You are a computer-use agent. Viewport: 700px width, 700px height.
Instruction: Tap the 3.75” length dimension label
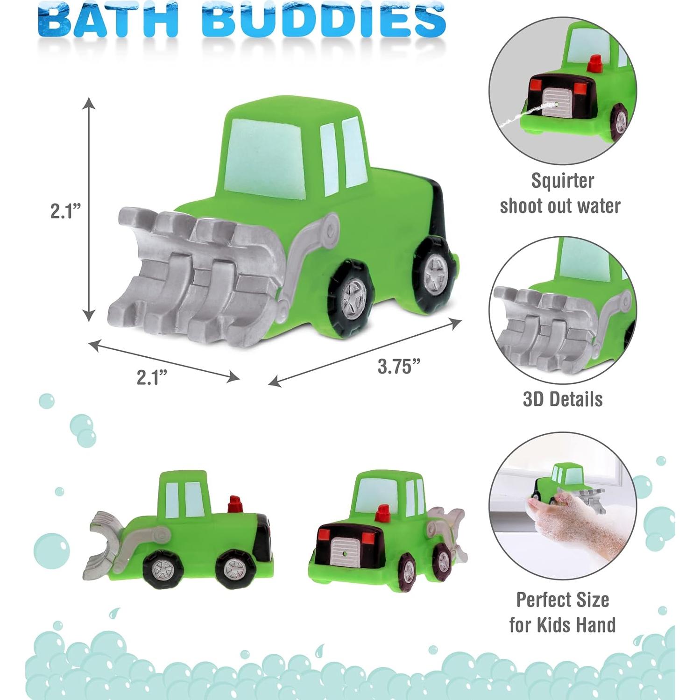click(396, 366)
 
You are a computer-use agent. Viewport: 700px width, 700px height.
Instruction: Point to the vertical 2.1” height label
click(66, 211)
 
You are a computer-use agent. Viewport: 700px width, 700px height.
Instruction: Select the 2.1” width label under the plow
click(152, 377)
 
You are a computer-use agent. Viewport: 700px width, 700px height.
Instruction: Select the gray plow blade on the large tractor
click(196, 276)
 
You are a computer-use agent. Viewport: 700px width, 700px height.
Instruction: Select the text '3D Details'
click(562, 399)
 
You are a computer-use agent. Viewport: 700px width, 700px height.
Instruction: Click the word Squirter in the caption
click(562, 181)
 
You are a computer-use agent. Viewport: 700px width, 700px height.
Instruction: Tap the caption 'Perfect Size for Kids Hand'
click(562, 612)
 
